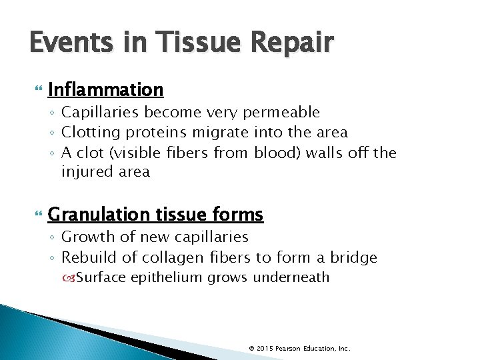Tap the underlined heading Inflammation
(x=105, y=89)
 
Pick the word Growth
(x=85, y=237)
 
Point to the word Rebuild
(x=87, y=257)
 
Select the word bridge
(x=354, y=257)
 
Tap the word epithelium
(x=167, y=277)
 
